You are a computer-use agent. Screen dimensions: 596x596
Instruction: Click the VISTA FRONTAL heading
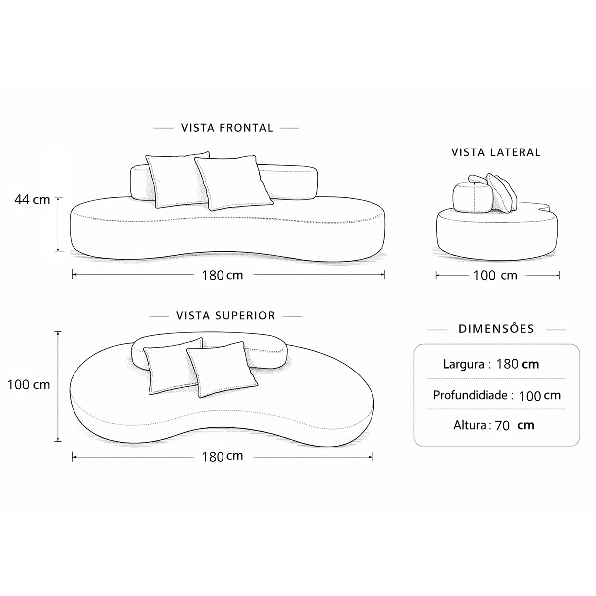tap(227, 128)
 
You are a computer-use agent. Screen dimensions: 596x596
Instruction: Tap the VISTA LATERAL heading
tap(496, 152)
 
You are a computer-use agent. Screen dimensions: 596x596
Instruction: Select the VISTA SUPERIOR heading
tap(225, 316)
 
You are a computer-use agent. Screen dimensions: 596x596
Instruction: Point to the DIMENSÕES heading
tap(496, 329)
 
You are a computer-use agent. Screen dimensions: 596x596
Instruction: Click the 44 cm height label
tap(32, 200)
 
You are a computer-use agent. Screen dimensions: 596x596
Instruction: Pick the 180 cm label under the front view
tap(223, 275)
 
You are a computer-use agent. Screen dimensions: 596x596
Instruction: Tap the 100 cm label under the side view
tap(495, 275)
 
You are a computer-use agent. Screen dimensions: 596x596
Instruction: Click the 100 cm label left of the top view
tap(28, 385)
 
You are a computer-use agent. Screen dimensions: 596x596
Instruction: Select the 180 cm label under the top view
tap(223, 456)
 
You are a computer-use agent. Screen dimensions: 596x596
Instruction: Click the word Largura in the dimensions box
tap(463, 364)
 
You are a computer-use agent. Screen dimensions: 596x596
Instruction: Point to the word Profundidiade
tap(470, 395)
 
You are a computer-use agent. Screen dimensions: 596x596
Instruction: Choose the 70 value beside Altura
tap(502, 426)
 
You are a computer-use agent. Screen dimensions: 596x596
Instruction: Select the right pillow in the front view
tap(233, 183)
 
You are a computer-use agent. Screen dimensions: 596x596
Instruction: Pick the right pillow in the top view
tap(222, 370)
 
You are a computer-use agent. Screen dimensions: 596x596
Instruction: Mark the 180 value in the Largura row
tap(507, 364)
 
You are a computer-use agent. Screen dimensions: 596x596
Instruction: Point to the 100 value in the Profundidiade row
tap(530, 396)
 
